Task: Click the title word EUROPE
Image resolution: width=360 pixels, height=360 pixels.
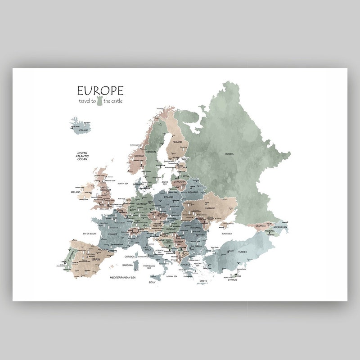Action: (x=100, y=91)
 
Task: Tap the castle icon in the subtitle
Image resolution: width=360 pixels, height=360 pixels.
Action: (x=100, y=101)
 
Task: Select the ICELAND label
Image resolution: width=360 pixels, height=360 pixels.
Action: (x=83, y=130)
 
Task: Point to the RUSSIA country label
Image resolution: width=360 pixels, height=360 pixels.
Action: (x=229, y=154)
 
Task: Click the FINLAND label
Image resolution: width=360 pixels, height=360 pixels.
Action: (x=177, y=142)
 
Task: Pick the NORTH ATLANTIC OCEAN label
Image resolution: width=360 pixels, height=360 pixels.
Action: (x=82, y=156)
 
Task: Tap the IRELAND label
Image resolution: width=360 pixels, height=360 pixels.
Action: (x=76, y=192)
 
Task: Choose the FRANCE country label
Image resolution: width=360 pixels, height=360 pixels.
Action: (x=112, y=234)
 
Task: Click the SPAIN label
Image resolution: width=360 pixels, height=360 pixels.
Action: (x=96, y=260)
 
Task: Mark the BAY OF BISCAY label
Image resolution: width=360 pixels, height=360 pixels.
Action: (x=89, y=234)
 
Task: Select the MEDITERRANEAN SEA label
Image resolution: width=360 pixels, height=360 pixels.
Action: (x=122, y=278)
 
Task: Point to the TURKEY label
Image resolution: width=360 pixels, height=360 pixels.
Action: (x=243, y=252)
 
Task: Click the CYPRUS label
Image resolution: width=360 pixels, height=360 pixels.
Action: (x=232, y=280)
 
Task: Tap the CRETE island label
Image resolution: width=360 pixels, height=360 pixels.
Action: (x=203, y=281)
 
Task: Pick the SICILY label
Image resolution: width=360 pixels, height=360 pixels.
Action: (x=152, y=282)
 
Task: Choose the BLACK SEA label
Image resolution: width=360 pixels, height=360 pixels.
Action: (x=227, y=234)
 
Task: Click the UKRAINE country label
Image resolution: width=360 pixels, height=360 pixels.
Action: (x=210, y=208)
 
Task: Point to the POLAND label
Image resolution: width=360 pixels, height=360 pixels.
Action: (x=168, y=197)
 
